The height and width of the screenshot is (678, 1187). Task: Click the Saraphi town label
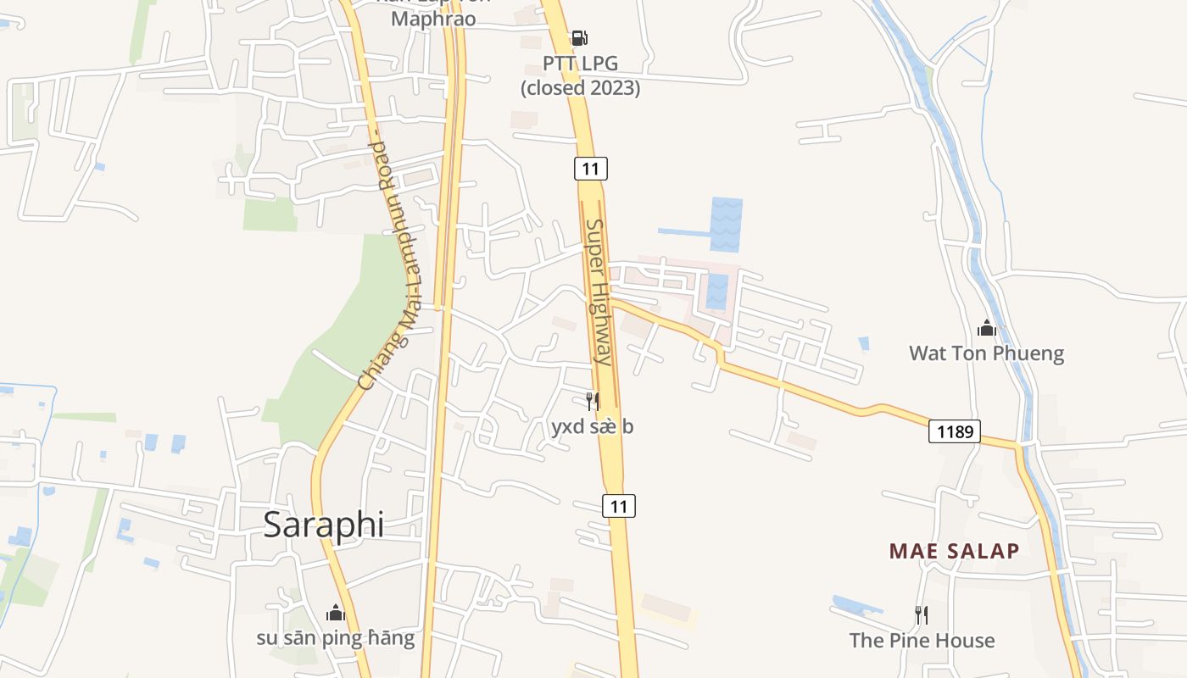pos(323,525)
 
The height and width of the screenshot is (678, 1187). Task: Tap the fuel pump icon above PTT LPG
pos(579,37)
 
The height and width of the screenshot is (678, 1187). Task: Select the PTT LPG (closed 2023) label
pos(580,75)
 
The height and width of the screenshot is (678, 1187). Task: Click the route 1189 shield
pos(954,432)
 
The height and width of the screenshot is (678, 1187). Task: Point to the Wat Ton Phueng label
pos(986,353)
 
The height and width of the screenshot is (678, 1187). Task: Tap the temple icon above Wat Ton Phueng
pos(986,328)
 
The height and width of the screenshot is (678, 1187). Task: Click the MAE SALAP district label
pos(954,551)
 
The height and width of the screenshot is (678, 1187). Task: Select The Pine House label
pos(922,640)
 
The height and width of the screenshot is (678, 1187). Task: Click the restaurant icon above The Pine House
pos(922,614)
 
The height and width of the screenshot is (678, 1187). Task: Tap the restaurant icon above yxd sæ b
pos(593,401)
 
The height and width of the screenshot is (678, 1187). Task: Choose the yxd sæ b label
pos(593,426)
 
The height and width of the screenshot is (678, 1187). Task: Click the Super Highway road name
pos(598,292)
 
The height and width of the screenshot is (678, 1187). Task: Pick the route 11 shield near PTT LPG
pos(590,169)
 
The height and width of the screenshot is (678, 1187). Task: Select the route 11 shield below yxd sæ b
pos(619,506)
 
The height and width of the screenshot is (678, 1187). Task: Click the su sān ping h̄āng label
pos(336,637)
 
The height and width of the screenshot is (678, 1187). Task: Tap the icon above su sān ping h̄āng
pos(336,612)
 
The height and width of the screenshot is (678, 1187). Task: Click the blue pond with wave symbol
pos(727,224)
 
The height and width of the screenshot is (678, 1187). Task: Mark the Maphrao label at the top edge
pos(432,19)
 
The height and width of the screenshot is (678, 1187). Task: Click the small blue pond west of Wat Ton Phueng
pos(863,343)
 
